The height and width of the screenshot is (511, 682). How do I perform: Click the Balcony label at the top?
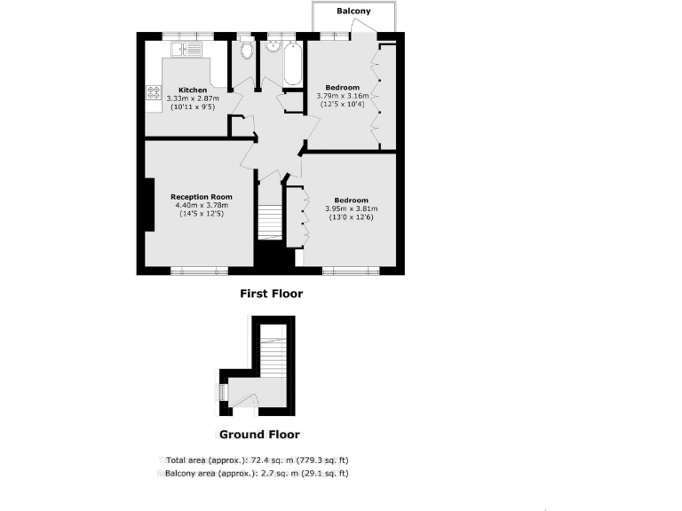click(x=353, y=12)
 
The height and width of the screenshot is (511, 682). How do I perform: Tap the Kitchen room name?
click(x=193, y=90)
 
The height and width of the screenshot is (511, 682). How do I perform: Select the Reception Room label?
click(x=202, y=196)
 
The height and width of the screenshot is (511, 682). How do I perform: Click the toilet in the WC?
click(x=246, y=49)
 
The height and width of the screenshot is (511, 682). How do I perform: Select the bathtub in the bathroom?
click(x=293, y=62)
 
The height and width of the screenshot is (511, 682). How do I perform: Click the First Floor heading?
click(x=272, y=294)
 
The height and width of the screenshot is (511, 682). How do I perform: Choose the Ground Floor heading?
click(x=259, y=435)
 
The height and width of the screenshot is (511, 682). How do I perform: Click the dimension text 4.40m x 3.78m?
click(x=202, y=205)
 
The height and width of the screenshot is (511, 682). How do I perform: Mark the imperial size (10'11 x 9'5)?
click(x=193, y=107)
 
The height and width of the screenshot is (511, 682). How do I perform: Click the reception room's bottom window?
click(x=200, y=271)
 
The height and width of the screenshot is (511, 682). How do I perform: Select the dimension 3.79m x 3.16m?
click(x=342, y=96)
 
